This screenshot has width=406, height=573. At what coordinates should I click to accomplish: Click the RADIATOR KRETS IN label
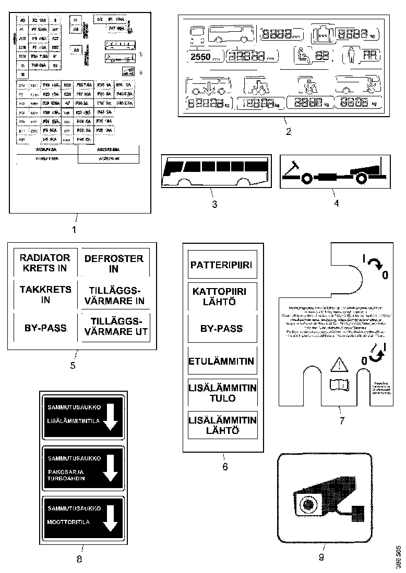click(x=44, y=263)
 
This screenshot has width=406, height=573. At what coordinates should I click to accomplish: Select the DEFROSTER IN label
click(x=113, y=264)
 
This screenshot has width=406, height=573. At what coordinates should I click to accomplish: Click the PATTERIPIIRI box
click(x=221, y=265)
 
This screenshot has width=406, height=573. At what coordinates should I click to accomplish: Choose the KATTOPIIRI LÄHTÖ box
click(x=221, y=296)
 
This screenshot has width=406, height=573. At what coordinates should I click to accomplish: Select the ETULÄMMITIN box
click(x=221, y=360)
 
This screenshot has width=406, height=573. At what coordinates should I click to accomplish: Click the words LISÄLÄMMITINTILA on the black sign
click(x=73, y=421)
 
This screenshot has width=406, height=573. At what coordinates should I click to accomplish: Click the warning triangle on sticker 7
click(x=338, y=366)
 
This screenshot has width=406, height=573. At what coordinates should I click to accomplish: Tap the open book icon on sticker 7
click(x=338, y=386)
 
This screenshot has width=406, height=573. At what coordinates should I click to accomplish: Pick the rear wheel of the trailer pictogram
click(x=361, y=179)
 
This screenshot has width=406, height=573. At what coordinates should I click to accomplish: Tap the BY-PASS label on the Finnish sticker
click(x=221, y=329)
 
